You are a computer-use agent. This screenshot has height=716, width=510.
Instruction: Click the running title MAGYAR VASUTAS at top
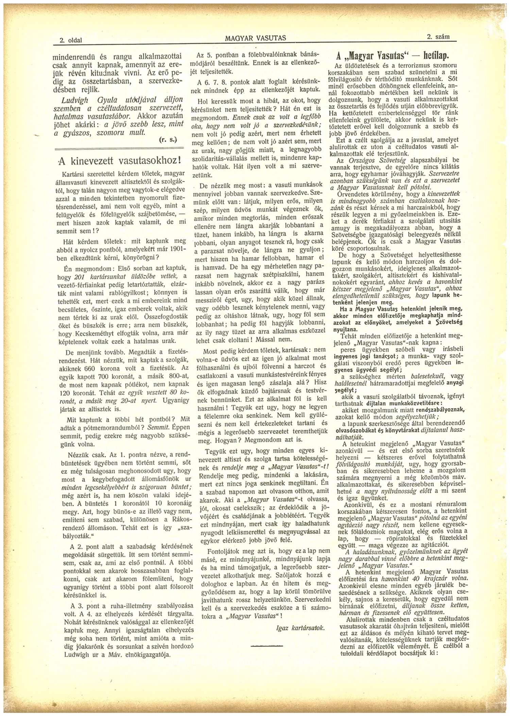[255, 38]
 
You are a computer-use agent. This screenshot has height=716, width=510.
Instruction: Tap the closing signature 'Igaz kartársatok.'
[301, 628]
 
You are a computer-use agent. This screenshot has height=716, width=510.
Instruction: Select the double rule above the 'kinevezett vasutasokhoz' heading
[119, 147]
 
